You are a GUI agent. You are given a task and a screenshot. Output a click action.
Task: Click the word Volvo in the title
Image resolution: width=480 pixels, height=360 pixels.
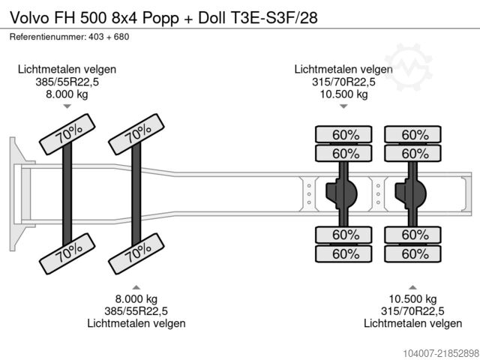[30, 18]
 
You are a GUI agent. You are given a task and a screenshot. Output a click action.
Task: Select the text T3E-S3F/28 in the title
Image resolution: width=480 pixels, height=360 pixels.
[273, 18]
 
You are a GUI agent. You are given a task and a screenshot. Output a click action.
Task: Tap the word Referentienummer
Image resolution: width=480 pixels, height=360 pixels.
[47, 37]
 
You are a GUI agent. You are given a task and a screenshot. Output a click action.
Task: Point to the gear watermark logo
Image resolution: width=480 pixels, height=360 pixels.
[408, 67]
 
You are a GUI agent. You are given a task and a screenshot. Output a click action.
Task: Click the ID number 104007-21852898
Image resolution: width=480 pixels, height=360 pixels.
[440, 352]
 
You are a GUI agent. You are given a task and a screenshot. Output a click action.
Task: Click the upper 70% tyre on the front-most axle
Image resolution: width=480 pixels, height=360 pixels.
[67, 134]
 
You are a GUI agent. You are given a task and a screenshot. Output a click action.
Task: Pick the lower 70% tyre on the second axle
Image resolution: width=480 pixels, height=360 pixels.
[136, 253]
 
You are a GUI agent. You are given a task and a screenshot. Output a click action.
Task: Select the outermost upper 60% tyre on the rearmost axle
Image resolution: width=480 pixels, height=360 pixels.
[412, 134]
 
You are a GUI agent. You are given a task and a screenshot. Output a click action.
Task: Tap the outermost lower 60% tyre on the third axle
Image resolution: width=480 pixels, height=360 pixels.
[343, 253]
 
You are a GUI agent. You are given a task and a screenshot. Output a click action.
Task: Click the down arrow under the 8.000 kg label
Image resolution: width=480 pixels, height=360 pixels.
[67, 106]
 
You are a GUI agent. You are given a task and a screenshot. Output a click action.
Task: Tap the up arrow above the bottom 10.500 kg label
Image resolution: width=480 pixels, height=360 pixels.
[412, 287]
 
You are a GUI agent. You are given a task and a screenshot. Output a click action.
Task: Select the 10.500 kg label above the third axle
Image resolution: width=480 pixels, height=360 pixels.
[343, 94]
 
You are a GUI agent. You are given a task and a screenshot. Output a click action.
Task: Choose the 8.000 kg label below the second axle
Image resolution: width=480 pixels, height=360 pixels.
[136, 298]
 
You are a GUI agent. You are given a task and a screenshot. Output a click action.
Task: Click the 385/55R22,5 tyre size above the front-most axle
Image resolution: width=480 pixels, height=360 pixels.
[67, 82]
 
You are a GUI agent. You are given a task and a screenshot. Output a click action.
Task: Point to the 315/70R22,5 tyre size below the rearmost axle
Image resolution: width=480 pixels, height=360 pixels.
[412, 311]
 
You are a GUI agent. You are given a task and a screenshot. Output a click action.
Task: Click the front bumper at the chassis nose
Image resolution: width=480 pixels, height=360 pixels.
[16, 193]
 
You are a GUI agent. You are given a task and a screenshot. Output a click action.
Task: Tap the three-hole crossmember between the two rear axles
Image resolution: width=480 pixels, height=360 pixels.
[378, 194]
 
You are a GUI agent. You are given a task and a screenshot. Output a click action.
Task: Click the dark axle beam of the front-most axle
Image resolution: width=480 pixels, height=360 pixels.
[67, 193]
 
